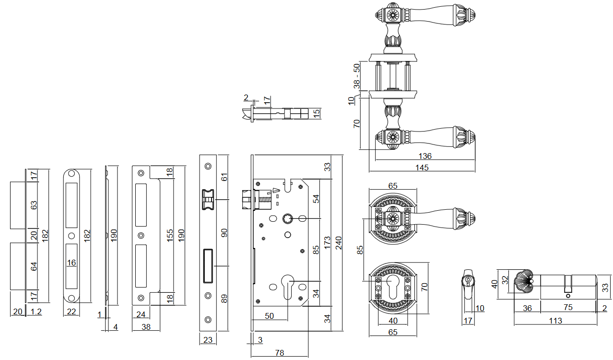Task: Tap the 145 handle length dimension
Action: click(423, 168)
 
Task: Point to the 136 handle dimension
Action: click(425, 156)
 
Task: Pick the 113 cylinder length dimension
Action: click(555, 321)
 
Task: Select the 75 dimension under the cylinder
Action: click(568, 308)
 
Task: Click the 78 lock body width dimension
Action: click(280, 353)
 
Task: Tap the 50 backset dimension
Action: click(269, 315)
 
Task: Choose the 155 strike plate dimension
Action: click(170, 236)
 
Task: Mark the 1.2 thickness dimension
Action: click(35, 312)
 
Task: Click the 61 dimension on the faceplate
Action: click(224, 177)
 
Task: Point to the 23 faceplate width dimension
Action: click(208, 340)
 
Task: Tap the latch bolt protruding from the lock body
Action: click(246, 199)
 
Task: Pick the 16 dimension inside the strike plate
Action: click(71, 263)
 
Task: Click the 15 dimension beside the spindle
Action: click(316, 114)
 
